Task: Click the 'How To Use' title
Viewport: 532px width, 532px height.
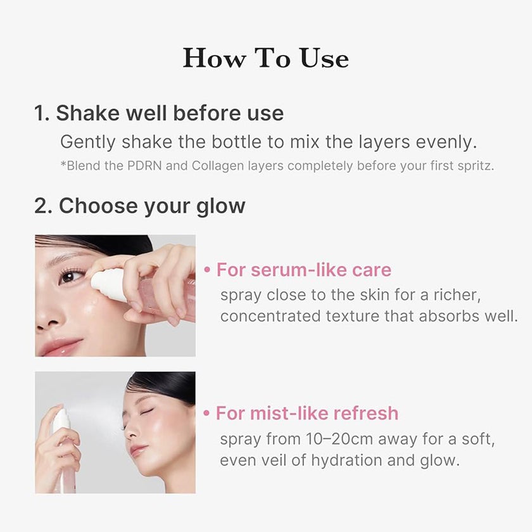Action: pos(265,58)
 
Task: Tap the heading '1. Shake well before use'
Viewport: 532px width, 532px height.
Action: pos(159,113)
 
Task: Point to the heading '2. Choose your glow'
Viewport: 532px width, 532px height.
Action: pos(139,206)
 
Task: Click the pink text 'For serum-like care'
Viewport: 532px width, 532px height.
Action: pos(304,270)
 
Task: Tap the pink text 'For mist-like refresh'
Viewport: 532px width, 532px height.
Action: pos(307,414)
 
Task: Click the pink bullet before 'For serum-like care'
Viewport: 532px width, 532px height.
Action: pos(207,270)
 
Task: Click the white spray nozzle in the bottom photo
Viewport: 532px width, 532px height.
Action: pos(61,419)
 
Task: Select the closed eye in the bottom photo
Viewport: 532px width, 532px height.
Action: pos(148,411)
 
